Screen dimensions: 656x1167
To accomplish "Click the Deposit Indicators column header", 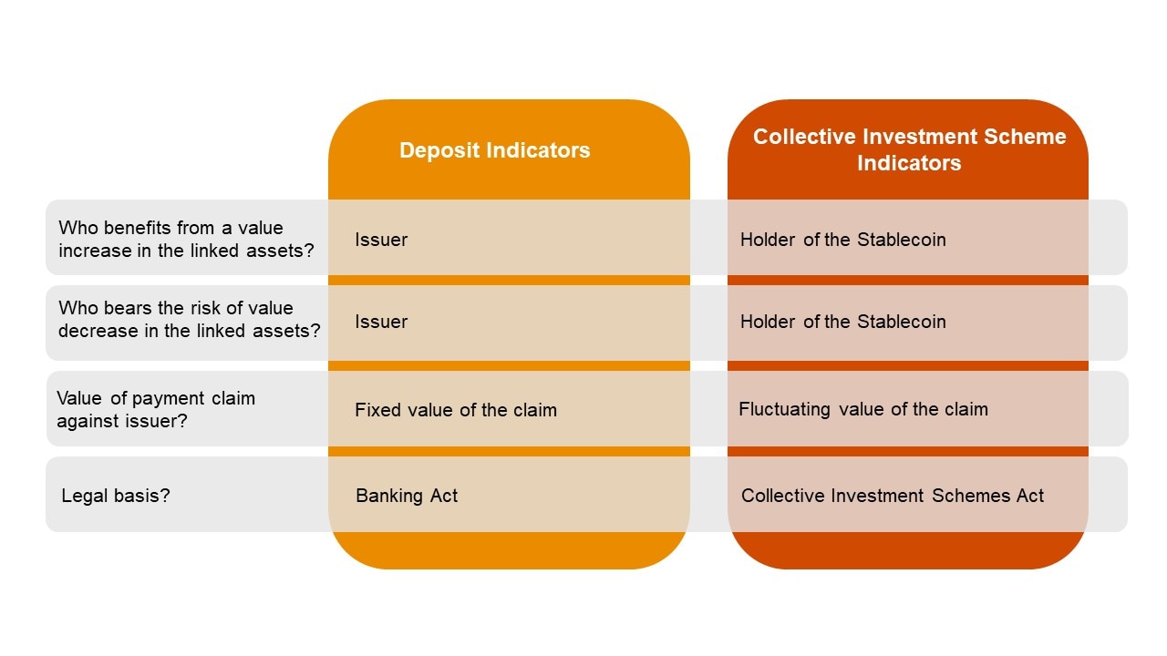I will point(494,150).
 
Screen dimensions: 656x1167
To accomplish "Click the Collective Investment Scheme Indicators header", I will point(909,149).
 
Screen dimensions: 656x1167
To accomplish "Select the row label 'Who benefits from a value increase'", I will point(186,239).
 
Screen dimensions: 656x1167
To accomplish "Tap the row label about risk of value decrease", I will point(189,319).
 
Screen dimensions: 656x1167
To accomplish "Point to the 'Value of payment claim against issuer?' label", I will point(156,409).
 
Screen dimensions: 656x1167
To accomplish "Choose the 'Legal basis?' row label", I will point(116,496).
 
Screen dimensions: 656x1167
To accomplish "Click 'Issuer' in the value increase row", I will point(381,240).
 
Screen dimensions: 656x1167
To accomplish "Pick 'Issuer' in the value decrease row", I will point(381,322).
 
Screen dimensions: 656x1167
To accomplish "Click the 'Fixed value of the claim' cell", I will point(455,410).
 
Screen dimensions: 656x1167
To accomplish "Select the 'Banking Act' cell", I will point(407,496).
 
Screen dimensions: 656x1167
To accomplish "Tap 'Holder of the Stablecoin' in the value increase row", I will point(842,240).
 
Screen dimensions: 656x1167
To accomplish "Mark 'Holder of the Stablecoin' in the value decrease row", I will point(842,322).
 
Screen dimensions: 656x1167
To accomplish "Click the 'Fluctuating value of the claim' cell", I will point(862,409).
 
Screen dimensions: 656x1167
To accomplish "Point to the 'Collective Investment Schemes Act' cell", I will point(892,496).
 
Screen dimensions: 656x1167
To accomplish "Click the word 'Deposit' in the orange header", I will point(433,150).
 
